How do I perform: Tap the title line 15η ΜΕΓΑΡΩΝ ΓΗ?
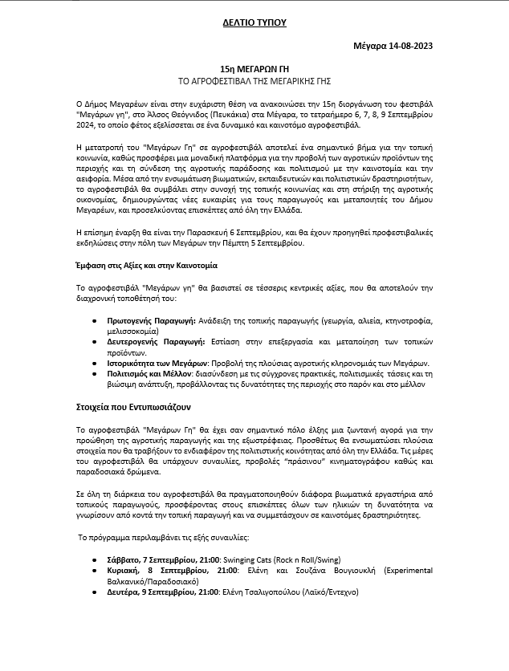click(254, 71)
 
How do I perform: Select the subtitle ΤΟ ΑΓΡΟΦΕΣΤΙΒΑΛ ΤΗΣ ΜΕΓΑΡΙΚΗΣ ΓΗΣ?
click(254, 82)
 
